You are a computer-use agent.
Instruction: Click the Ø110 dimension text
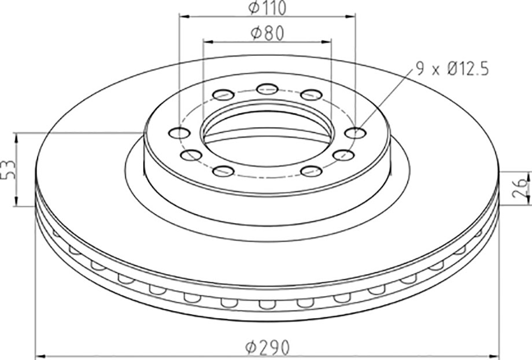(267, 8)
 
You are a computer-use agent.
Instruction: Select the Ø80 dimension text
(267, 34)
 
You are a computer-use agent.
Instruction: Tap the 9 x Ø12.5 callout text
(452, 69)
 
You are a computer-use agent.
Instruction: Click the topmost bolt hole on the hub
(267, 89)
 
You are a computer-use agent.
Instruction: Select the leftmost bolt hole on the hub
(179, 133)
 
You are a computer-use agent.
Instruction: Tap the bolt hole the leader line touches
(355, 133)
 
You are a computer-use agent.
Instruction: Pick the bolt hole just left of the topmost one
(224, 95)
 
